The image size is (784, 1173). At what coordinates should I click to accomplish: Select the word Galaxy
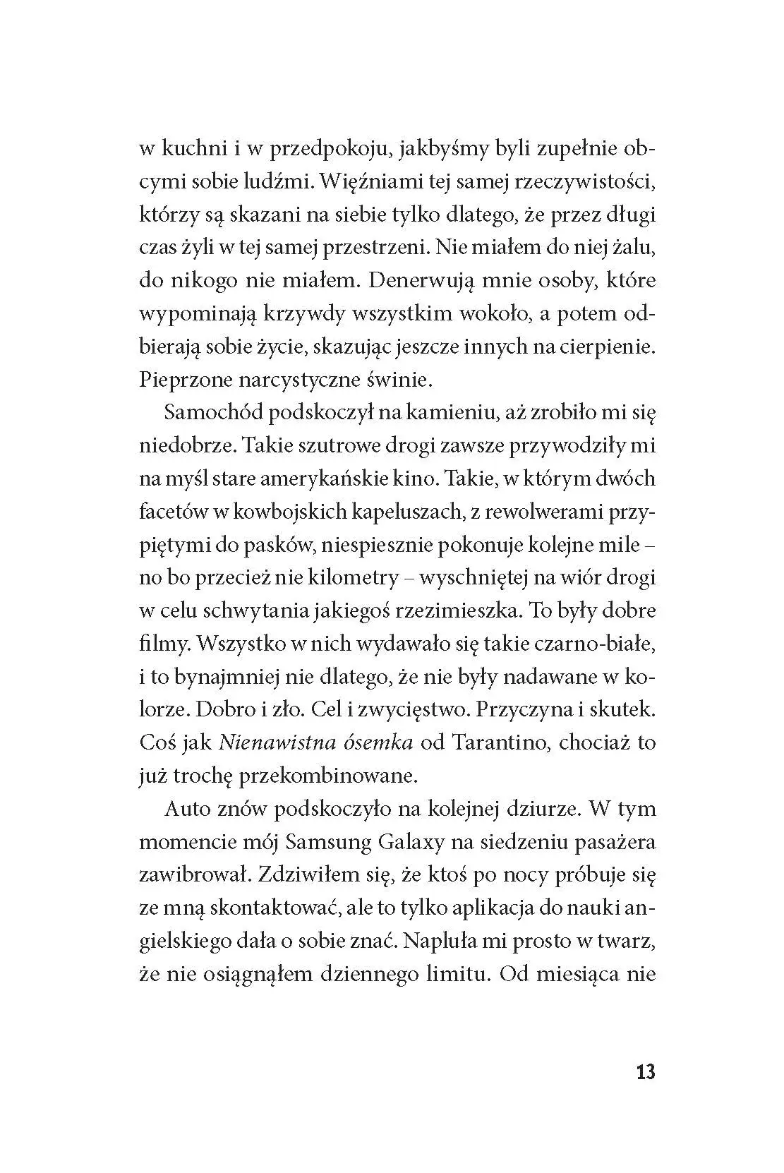click(x=423, y=842)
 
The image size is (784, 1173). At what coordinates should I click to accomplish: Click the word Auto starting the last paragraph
click(x=187, y=808)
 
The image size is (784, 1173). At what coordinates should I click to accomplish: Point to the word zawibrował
click(x=193, y=875)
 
